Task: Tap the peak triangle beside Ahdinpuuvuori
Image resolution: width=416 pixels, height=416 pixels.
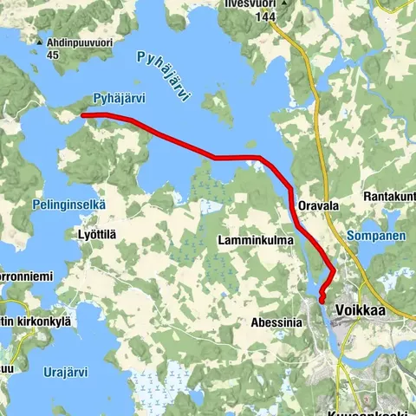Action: (40, 41)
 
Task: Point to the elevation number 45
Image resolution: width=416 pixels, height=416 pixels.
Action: (53, 55)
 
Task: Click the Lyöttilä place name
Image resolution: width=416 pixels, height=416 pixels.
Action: (96, 236)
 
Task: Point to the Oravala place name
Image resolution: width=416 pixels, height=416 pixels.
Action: (315, 205)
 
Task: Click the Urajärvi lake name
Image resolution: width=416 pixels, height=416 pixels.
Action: (65, 373)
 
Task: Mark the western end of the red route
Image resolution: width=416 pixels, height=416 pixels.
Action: (82, 114)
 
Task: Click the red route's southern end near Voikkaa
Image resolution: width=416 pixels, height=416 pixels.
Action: (322, 300)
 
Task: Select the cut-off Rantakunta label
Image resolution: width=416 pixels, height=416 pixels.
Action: (389, 196)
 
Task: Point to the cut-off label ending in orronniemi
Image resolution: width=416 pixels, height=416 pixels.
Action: (26, 276)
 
